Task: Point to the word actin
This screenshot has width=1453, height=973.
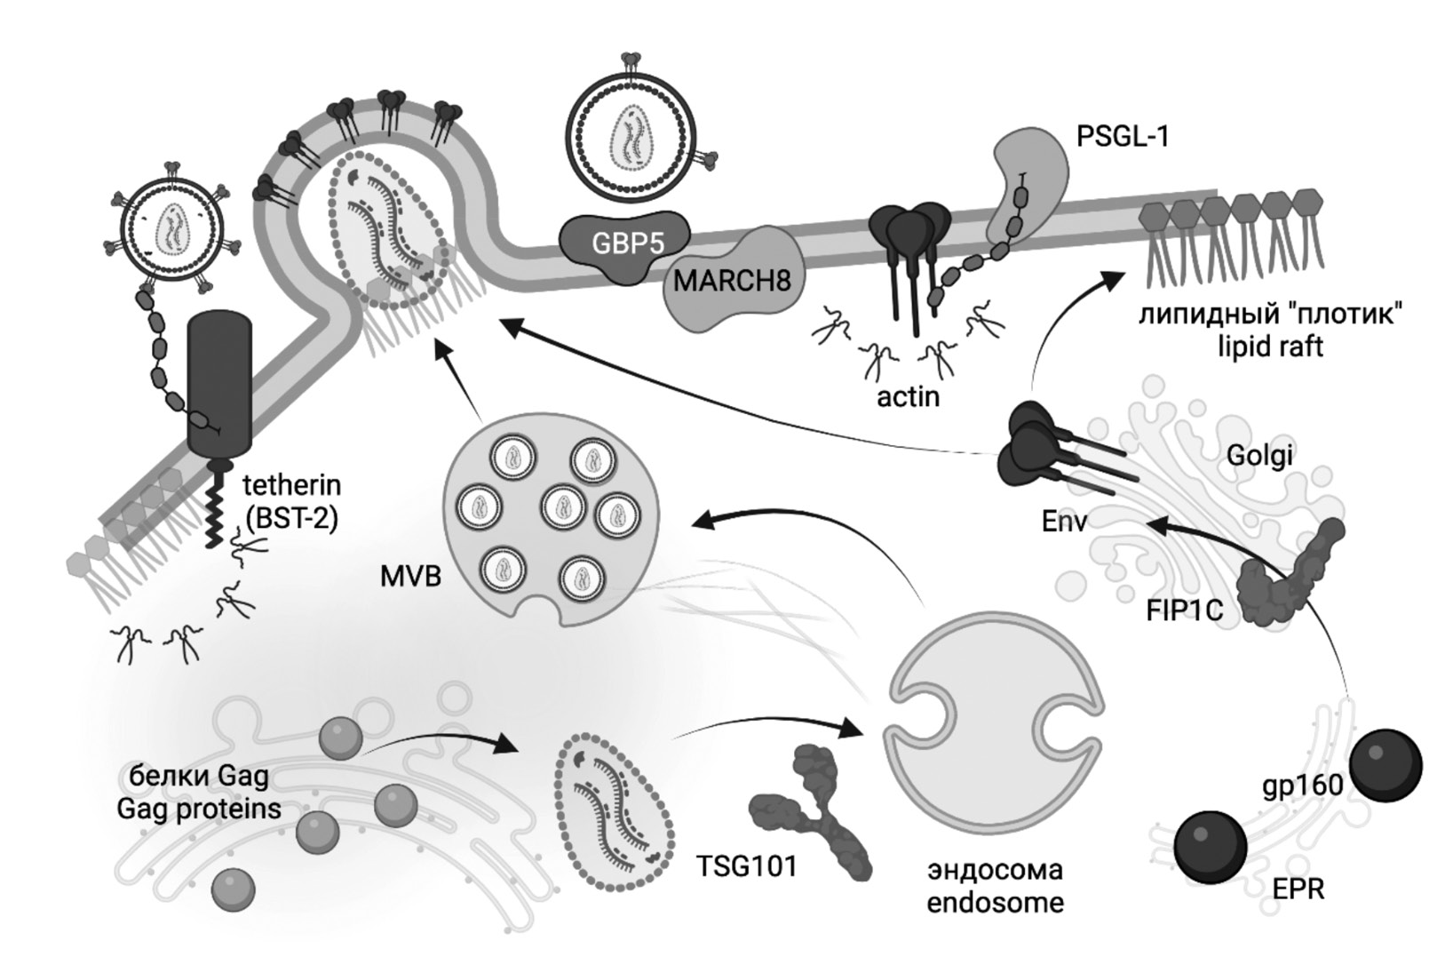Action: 908,396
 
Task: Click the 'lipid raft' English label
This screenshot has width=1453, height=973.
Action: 1270,346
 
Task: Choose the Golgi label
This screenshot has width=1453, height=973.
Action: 1258,456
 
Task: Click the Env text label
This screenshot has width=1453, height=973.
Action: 1064,521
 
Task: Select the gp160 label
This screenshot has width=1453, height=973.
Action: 1302,786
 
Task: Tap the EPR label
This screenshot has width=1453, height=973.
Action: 1298,889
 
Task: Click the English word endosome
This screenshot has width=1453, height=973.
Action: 995,903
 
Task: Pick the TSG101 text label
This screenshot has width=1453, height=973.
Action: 746,865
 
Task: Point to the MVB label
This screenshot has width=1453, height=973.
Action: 410,576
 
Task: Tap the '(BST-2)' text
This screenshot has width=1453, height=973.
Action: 292,517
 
